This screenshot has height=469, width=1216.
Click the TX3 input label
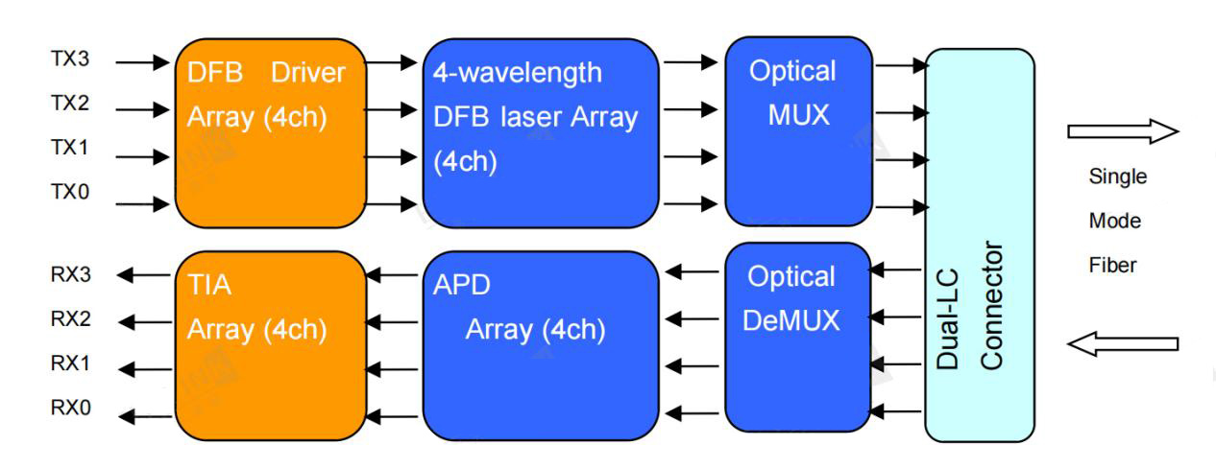(x=70, y=59)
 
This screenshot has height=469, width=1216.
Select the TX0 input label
(x=70, y=192)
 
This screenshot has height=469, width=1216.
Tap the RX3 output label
(x=71, y=275)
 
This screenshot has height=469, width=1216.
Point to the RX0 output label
(x=71, y=408)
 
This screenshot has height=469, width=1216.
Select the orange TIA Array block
(x=270, y=345)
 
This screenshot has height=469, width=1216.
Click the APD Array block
(x=541, y=345)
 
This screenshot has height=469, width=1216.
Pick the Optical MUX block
(x=796, y=131)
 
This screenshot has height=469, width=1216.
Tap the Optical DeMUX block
(x=796, y=337)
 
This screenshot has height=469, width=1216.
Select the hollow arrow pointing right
(x=1122, y=131)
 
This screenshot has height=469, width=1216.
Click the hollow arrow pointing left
(x=1122, y=343)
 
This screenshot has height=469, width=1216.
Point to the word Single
(x=1117, y=177)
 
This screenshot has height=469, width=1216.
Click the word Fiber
(x=1112, y=265)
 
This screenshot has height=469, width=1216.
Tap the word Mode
(x=1114, y=222)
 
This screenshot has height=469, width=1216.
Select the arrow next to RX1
(x=142, y=365)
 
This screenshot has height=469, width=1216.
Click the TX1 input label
(x=70, y=149)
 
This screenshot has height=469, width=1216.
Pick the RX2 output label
(x=71, y=319)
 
